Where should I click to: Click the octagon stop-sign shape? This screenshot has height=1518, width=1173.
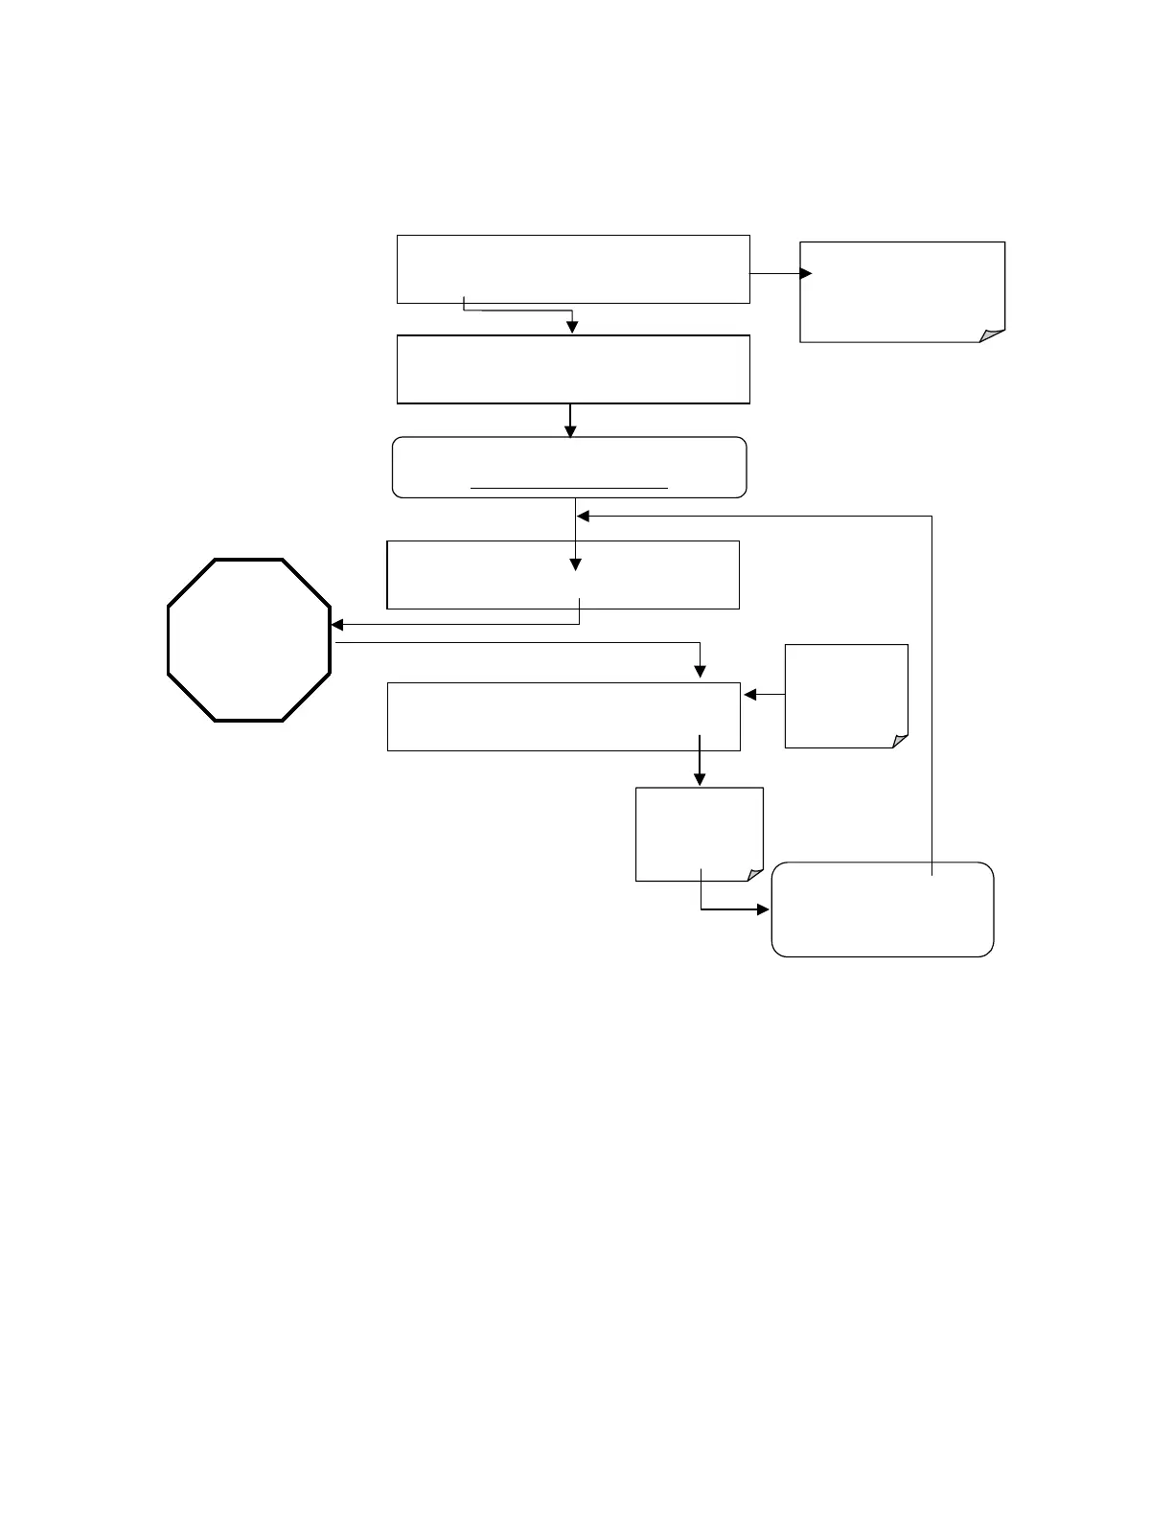[x=249, y=639]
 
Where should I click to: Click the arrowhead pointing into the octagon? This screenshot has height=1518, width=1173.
[x=337, y=625]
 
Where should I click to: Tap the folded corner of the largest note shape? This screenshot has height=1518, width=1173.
[x=992, y=334]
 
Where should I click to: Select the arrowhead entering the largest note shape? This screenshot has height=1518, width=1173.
[x=806, y=273]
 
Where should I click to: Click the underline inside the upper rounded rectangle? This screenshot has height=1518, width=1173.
[x=569, y=488]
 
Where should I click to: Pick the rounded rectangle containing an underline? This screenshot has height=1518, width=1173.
[x=569, y=467]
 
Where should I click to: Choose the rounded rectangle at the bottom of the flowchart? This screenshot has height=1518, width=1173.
[x=882, y=909]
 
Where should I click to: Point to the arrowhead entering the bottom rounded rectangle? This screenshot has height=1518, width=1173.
[x=764, y=908]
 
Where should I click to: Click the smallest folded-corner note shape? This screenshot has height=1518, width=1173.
[x=699, y=834]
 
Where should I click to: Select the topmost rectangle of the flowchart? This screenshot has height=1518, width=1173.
[x=573, y=268]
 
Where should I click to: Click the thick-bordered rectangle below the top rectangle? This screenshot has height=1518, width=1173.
[x=573, y=369]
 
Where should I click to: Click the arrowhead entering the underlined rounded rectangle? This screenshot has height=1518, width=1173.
[x=570, y=431]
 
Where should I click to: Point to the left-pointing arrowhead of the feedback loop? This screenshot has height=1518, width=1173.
[x=583, y=517]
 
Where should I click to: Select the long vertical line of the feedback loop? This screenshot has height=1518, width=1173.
[x=931, y=690]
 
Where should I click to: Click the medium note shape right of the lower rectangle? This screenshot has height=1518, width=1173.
[x=845, y=695]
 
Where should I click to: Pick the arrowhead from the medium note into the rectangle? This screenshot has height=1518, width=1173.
[x=749, y=694]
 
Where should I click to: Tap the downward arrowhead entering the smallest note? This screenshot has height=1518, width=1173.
[x=700, y=780]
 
